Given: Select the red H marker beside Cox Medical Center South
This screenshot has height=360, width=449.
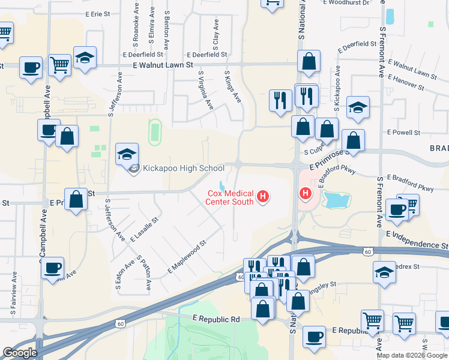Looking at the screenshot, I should coord(262,196).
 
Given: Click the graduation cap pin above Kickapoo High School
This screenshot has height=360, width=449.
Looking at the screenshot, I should coord(128,155).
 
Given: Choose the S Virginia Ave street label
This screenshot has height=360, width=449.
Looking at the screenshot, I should coord(206,91).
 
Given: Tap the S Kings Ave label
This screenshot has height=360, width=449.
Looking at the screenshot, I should coord(232,86).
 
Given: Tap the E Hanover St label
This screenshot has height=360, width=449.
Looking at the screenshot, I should coord(405,82).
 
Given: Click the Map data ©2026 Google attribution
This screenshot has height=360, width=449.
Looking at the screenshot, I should coord(411,355).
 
